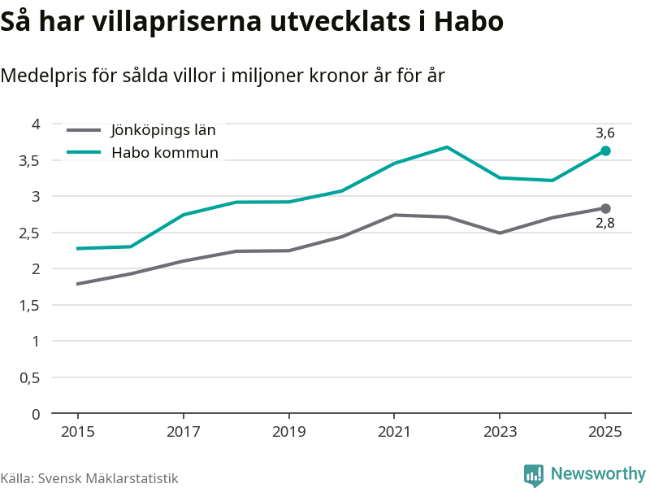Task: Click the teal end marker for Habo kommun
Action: pyautogui.click(x=605, y=150)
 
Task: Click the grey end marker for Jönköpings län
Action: pyautogui.click(x=605, y=209)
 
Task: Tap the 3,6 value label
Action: pyautogui.click(x=604, y=133)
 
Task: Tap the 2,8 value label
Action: pyautogui.click(x=604, y=224)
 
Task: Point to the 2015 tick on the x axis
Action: pyautogui.click(x=77, y=432)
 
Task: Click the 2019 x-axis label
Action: pyautogui.click(x=288, y=432)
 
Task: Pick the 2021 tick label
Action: pyautogui.click(x=394, y=432)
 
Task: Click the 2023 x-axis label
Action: pyautogui.click(x=500, y=432)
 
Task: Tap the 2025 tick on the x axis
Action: pyautogui.click(x=605, y=432)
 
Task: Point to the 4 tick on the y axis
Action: pyautogui.click(x=36, y=124)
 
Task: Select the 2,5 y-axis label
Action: pyautogui.click(x=30, y=233)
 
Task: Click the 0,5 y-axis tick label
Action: pyautogui.click(x=30, y=377)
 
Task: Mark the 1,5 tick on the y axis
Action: pyautogui.click(x=30, y=305)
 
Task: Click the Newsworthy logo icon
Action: pyautogui.click(x=534, y=475)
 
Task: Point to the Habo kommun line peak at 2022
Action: pyautogui.click(x=447, y=147)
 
